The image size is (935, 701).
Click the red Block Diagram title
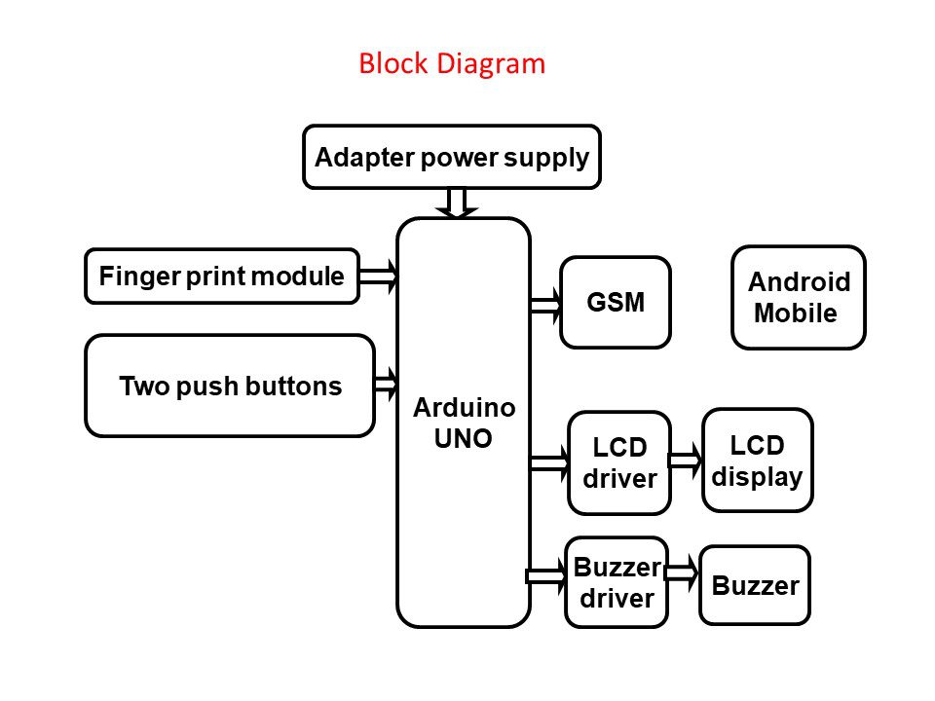452,64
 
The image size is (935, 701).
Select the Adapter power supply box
452,157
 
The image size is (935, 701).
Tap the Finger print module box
222,277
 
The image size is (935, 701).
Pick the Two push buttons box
230,386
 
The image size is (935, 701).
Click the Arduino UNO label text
464,423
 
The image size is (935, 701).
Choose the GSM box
616,302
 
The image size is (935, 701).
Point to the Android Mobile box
799,297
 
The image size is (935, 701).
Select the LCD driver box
619,462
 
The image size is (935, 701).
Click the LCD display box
757,460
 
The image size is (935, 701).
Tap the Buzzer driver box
617,582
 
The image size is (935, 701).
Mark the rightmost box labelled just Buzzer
755,585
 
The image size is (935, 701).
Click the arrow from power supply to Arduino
456,203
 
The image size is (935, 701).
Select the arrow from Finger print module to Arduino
379,277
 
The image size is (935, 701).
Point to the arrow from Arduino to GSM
546,305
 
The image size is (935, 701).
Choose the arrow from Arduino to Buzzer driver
546,575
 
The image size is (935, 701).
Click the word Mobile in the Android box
796,314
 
